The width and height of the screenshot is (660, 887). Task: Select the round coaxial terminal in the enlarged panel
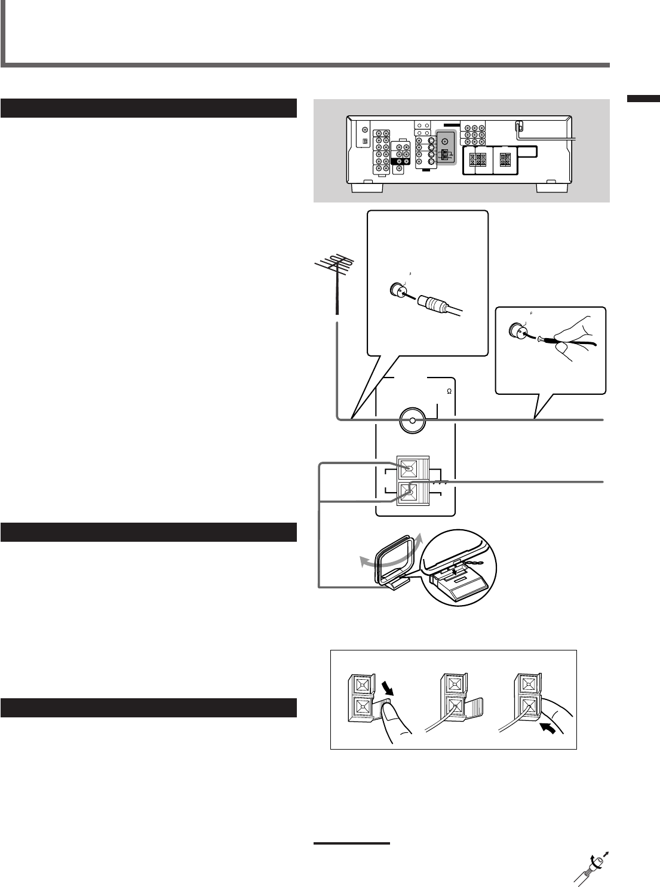[x=412, y=421]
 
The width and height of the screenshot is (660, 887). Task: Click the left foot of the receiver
[x=367, y=188]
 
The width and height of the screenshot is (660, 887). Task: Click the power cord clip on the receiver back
[x=520, y=127]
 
